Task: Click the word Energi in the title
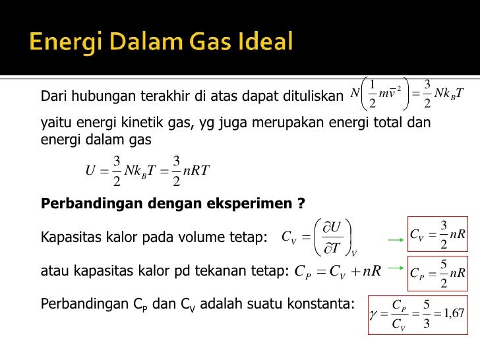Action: pos(62,44)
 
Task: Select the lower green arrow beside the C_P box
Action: pos(395,268)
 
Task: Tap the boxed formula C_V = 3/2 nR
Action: pos(438,235)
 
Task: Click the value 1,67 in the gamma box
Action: pos(452,313)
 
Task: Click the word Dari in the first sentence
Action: pos(52,96)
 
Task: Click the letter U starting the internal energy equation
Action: pos(91,170)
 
